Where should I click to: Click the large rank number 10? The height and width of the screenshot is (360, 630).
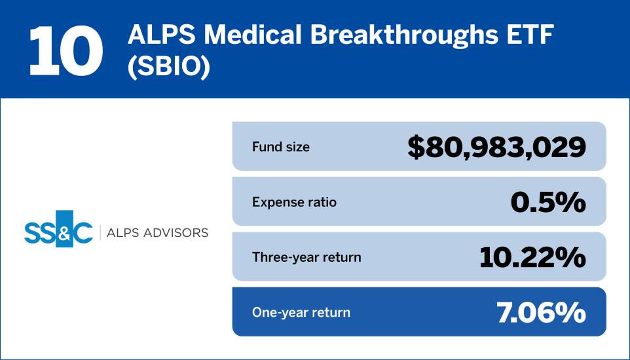pos(66,50)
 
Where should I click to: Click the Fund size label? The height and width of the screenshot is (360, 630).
pos(281,147)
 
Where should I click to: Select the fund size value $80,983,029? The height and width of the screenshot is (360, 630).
pos(496,147)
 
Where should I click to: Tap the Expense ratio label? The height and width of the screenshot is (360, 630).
pos(294,202)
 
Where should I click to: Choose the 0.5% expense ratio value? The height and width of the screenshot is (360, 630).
pos(547,202)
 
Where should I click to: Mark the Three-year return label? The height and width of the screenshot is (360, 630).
pos(306,257)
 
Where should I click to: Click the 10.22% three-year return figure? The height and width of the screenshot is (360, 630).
pos(532,257)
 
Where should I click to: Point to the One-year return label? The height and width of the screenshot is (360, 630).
pos(301,312)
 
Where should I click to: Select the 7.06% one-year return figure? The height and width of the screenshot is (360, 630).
pos(540,312)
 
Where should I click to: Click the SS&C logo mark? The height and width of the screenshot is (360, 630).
pos(58,233)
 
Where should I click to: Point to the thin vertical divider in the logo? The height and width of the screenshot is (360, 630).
pos(100,233)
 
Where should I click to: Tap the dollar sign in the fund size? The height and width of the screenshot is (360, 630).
pos(417,147)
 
